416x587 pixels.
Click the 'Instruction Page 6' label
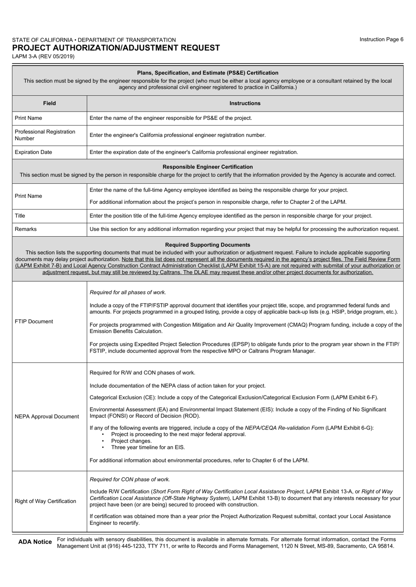click(x=381, y=39)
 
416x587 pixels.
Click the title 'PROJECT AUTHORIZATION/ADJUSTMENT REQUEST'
click(x=116, y=48)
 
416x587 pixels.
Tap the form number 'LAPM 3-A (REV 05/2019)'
click(x=43, y=56)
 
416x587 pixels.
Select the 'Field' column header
click(x=49, y=104)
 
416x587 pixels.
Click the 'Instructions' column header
click(x=245, y=104)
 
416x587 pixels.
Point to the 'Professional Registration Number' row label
click(x=45, y=135)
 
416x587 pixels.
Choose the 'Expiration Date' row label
click(x=33, y=152)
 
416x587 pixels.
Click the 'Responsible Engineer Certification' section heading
click(x=208, y=167)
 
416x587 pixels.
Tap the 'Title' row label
click(x=20, y=216)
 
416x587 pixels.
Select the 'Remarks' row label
click(x=26, y=229)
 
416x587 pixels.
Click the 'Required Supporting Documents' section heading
click(x=208, y=245)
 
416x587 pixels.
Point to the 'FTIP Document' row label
click(x=34, y=321)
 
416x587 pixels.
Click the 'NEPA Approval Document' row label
click(x=47, y=416)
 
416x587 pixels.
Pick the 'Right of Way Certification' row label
click(x=46, y=501)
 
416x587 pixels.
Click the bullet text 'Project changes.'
click(x=131, y=441)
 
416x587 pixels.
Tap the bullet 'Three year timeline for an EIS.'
click(x=148, y=447)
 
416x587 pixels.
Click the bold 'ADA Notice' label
click(x=35, y=542)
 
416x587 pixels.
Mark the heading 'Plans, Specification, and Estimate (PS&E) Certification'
click(x=208, y=73)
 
